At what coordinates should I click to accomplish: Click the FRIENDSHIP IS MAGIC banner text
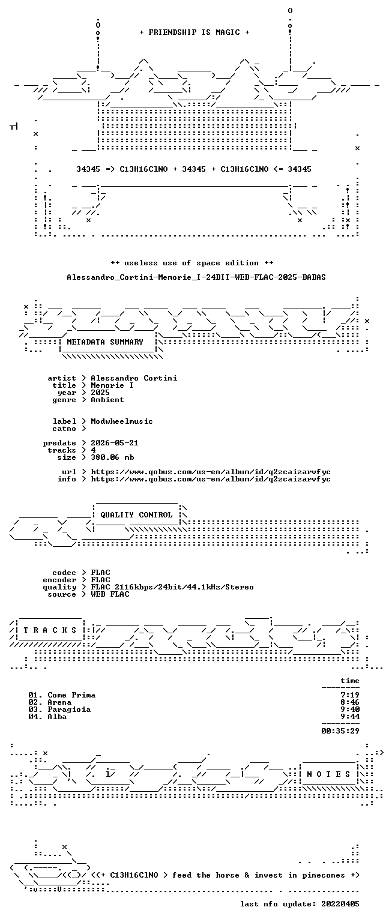[194, 32]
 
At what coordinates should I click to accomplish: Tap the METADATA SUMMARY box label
[105, 342]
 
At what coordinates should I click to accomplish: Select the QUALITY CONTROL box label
[136, 514]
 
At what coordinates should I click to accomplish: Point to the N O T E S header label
[328, 774]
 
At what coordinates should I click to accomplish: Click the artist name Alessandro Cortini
[134, 378]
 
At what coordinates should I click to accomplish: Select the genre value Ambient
[107, 400]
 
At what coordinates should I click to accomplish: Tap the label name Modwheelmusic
[122, 421]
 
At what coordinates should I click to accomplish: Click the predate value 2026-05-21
[115, 443]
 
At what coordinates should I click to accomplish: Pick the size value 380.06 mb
[112, 457]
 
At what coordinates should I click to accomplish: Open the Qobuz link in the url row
[211, 472]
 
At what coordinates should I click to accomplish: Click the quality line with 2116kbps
[172, 587]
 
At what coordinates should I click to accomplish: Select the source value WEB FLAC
[110, 594]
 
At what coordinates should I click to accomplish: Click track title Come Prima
[71, 695]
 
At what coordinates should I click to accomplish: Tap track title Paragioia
[69, 709]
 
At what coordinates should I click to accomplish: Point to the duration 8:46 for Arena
[350, 702]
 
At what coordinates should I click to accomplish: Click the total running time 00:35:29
[340, 731]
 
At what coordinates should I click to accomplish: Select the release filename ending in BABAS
[196, 277]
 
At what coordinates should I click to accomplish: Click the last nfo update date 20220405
[340, 903]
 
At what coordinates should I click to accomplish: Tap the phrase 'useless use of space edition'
[192, 262]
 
